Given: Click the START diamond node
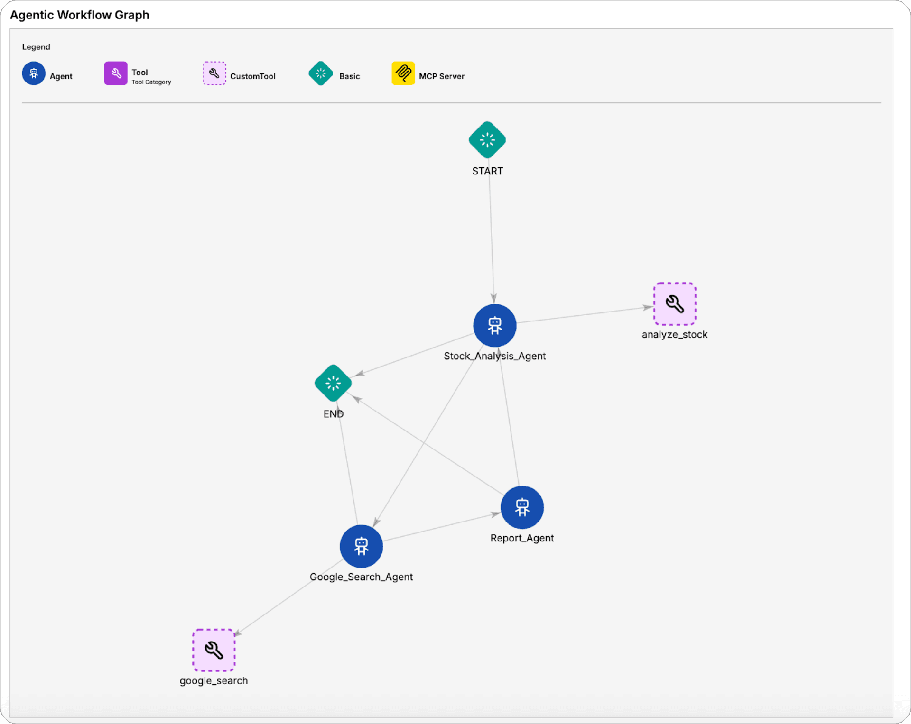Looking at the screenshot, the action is tap(487, 140).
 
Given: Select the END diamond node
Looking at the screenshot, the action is tap(333, 383).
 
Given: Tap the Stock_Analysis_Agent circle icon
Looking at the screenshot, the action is tap(495, 326).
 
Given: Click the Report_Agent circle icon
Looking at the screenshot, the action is tap(522, 507).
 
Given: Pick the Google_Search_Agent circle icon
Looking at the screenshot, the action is tap(362, 546).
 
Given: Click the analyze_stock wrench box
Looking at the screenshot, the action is tap(675, 304).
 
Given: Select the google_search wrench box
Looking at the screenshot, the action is tap(214, 650).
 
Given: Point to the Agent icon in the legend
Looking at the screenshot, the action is tap(34, 73).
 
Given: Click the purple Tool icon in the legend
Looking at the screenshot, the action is tap(116, 73).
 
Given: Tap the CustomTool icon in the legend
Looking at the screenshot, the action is tap(214, 73).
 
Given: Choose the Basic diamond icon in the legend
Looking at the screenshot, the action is tap(321, 73).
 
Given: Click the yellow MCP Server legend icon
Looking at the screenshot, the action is tap(403, 73).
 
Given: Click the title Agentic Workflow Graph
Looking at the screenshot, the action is tap(80, 15).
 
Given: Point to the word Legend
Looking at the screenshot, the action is tap(36, 47).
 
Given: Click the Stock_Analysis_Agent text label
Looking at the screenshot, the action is tap(495, 356).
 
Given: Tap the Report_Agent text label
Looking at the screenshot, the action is tap(522, 538).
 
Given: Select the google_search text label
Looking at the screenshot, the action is tap(214, 681).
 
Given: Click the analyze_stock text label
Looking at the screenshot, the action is tap(675, 335).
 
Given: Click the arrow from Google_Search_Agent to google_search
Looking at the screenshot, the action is tap(289, 598).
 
